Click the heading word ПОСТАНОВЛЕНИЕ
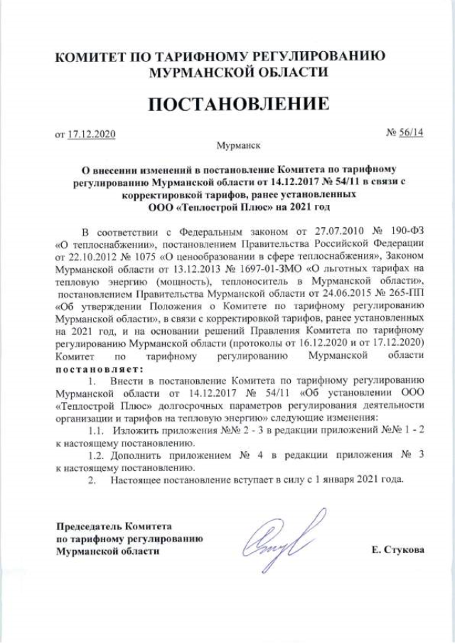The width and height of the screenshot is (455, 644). point(239,104)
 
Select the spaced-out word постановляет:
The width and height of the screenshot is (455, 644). point(99,369)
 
